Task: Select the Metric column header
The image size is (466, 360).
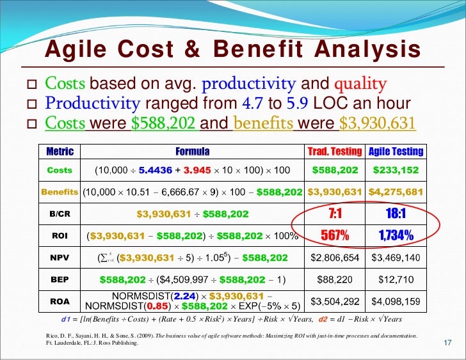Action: point(60,152)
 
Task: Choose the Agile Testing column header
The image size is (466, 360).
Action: point(395,152)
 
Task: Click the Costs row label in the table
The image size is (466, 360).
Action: point(60,171)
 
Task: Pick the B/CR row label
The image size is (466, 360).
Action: point(60,214)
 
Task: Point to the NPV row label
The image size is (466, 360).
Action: point(60,258)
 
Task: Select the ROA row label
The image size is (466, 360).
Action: point(60,301)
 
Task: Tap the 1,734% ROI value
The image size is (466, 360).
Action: point(395,236)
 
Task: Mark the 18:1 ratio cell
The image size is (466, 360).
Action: point(395,214)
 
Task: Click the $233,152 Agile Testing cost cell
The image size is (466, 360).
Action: point(395,171)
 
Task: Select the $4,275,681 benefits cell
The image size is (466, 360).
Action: point(396,192)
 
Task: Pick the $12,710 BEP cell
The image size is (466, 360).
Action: point(395,279)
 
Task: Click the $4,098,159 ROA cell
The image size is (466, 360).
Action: point(395,301)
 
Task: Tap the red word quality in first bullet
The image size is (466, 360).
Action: point(360,84)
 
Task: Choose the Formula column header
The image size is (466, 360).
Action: point(192,152)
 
